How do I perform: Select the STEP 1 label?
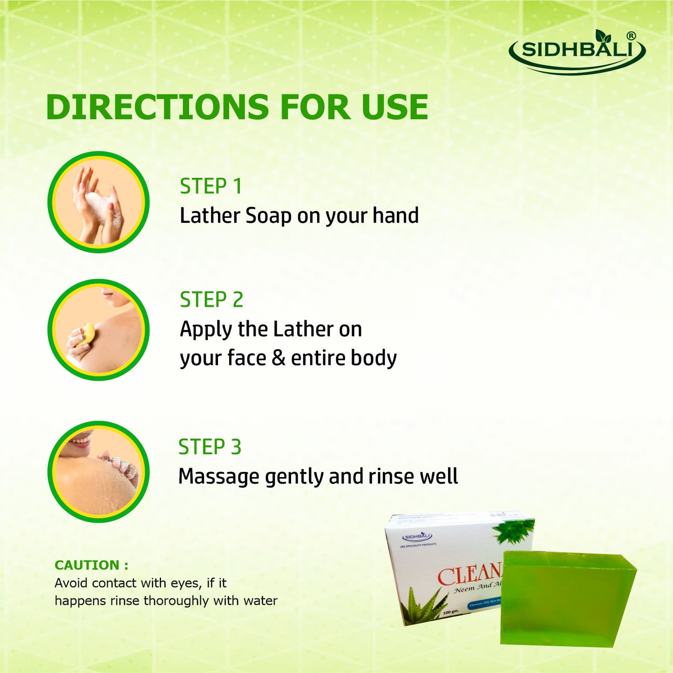(x=211, y=186)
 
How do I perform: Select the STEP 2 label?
(x=211, y=300)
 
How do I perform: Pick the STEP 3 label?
(x=210, y=447)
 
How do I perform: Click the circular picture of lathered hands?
(x=98, y=202)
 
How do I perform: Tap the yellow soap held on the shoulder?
(x=87, y=334)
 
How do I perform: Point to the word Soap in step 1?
(x=268, y=216)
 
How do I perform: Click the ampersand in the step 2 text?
(x=279, y=358)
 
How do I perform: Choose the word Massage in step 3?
(x=219, y=477)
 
